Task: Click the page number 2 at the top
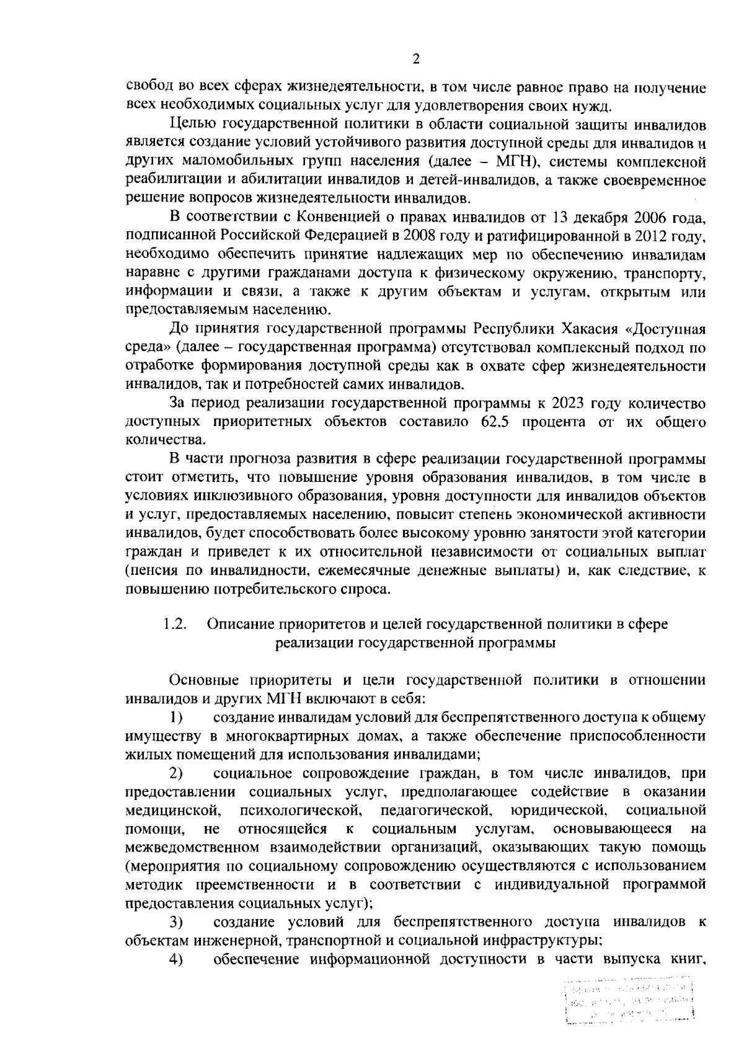(x=416, y=60)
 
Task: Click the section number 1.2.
(x=176, y=624)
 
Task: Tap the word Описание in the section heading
(x=240, y=624)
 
